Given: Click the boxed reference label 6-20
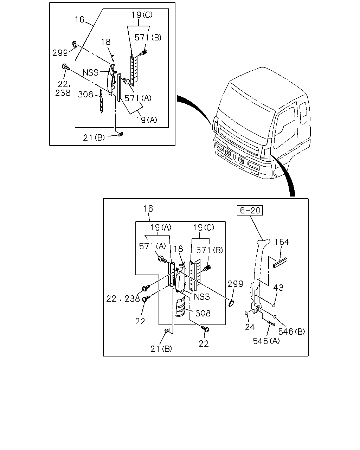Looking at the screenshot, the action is (x=250, y=210).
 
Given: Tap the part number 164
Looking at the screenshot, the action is (x=282, y=242).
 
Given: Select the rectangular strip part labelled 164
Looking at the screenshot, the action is (x=280, y=263).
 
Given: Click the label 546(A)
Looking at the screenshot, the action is (x=266, y=341).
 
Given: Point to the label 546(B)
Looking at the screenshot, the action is (x=291, y=332).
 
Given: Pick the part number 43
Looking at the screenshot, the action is (x=278, y=288).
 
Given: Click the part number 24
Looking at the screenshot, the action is (x=250, y=327).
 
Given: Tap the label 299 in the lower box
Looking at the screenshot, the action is (x=235, y=284).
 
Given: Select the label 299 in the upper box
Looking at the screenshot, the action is (x=60, y=53).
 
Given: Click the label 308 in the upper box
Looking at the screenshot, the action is (x=85, y=94).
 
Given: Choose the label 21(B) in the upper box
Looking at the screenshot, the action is (x=94, y=137).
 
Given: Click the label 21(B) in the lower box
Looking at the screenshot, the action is (x=161, y=349).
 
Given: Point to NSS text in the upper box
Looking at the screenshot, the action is (x=91, y=72).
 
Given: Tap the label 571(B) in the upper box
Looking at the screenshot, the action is (x=148, y=37).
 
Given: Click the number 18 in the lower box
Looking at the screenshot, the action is (x=178, y=249).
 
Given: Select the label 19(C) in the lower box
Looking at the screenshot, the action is (x=204, y=227).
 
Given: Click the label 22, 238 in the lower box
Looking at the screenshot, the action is (x=123, y=298).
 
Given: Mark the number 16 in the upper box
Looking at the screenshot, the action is (x=79, y=20).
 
